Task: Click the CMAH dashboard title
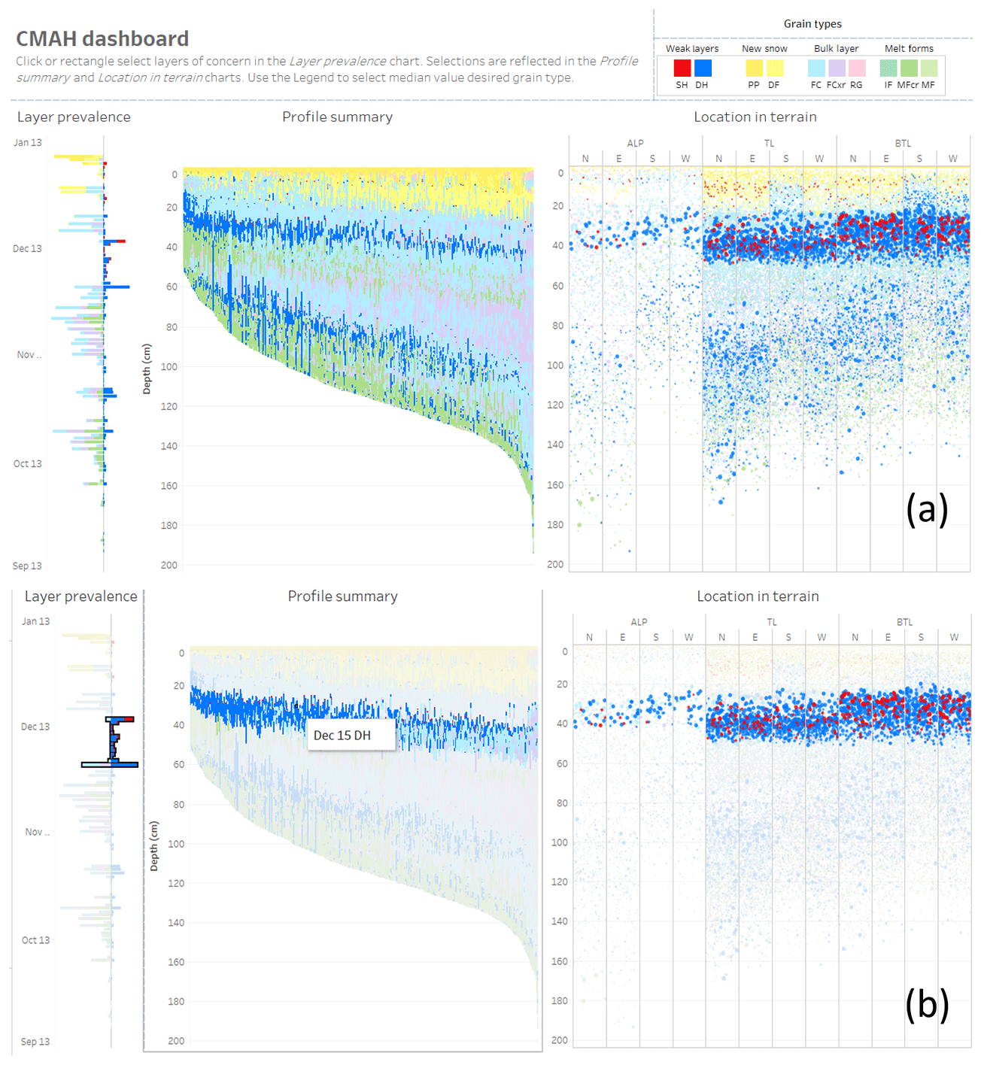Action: [x=102, y=39]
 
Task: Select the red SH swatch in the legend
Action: [x=682, y=68]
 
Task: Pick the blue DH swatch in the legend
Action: [x=703, y=68]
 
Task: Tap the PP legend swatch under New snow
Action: [x=754, y=68]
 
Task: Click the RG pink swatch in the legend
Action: [x=857, y=68]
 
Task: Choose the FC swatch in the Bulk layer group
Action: [x=816, y=68]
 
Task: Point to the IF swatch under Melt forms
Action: [x=888, y=68]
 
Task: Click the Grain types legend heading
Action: [x=812, y=24]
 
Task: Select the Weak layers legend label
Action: [x=692, y=49]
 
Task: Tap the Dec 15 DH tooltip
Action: [x=342, y=736]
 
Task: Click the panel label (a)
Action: [x=927, y=510]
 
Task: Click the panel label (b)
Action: [x=927, y=1005]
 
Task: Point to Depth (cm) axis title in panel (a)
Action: [x=147, y=369]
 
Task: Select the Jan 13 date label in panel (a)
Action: [x=28, y=143]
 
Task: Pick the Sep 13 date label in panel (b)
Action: [x=35, y=1042]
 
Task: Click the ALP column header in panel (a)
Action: [x=636, y=144]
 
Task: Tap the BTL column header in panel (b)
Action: [x=904, y=623]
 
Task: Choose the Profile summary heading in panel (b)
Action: [x=342, y=596]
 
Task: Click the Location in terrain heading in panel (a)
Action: [x=755, y=117]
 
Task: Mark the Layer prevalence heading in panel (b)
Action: [x=81, y=596]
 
